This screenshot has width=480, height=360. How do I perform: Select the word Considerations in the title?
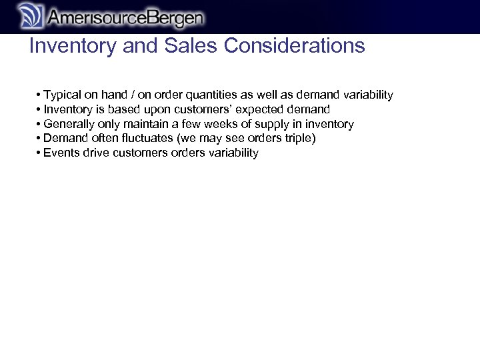click(x=295, y=46)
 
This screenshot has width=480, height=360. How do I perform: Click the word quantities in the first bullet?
click(x=211, y=95)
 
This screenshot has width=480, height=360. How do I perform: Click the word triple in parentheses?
click(x=297, y=139)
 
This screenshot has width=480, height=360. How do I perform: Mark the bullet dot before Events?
click(x=39, y=153)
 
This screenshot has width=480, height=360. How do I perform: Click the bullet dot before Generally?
click(x=39, y=124)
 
